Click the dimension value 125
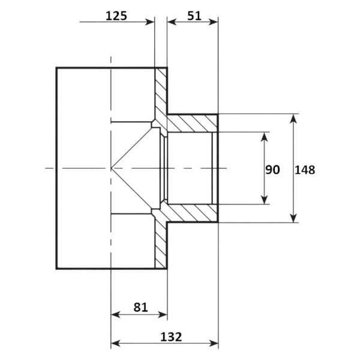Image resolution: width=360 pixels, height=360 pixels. pyautogui.click(x=116, y=16)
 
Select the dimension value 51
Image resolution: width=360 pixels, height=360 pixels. pyautogui.click(x=194, y=16)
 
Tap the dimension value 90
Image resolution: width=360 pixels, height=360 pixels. pyautogui.click(x=272, y=170)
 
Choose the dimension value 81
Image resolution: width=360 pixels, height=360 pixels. pyautogui.click(x=140, y=307)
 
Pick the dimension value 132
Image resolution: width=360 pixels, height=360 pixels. pyautogui.click(x=171, y=337)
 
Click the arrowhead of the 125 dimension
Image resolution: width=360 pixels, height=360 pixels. pyautogui.click(x=150, y=22)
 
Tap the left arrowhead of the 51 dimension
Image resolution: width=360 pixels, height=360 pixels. pyautogui.click(x=172, y=22)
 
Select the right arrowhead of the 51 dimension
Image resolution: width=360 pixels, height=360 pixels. pyautogui.click(x=213, y=22)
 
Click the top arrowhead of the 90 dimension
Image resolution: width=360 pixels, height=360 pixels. pyautogui.click(x=265, y=137)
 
